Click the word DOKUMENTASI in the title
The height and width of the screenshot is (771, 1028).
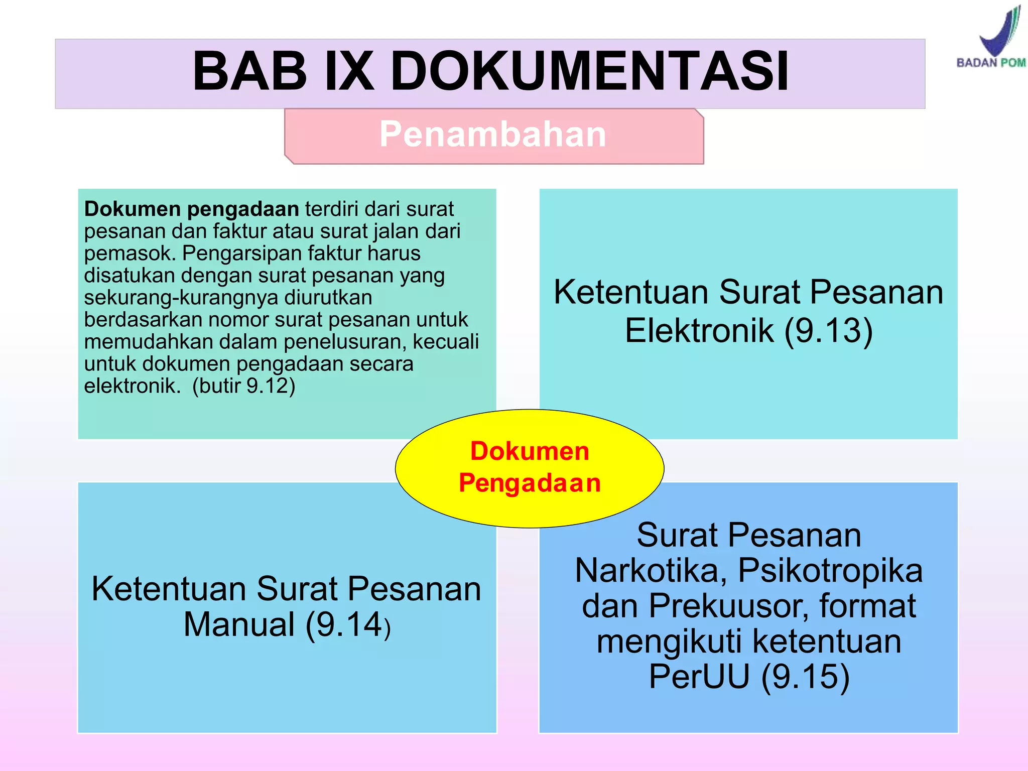[x=589, y=71]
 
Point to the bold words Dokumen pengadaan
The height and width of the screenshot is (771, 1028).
[x=191, y=209]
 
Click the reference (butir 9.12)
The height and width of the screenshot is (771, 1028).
[x=244, y=386]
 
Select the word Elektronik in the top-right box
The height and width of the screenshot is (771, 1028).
[x=699, y=330]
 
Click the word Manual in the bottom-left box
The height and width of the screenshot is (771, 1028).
[x=239, y=624]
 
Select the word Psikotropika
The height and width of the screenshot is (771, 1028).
[x=830, y=571]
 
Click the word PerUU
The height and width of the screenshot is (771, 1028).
[x=699, y=677]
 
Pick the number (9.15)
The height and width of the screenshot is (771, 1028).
[x=805, y=677]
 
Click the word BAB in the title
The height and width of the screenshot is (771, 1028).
[x=249, y=71]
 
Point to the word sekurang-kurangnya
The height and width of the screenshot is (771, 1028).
[x=181, y=298]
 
